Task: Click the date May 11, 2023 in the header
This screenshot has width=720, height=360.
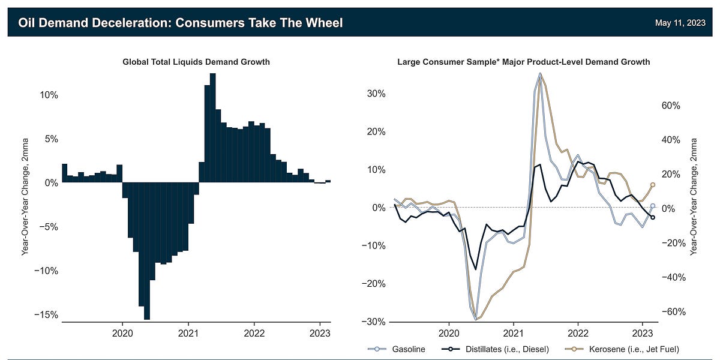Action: tap(680, 23)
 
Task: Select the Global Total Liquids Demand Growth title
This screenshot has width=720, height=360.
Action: tap(196, 62)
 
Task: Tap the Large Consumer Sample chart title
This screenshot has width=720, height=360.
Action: tap(523, 62)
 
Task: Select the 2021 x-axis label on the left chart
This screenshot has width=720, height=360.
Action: tap(188, 333)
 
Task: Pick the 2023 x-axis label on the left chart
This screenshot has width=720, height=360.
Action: tap(320, 333)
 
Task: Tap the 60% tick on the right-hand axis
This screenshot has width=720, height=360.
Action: tap(670, 105)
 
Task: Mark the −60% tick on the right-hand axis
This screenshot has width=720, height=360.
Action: tap(668, 312)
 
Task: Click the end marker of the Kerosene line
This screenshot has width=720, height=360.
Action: tap(653, 185)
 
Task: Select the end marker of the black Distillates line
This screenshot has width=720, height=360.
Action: tap(653, 217)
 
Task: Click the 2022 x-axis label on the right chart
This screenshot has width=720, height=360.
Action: tap(578, 333)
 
